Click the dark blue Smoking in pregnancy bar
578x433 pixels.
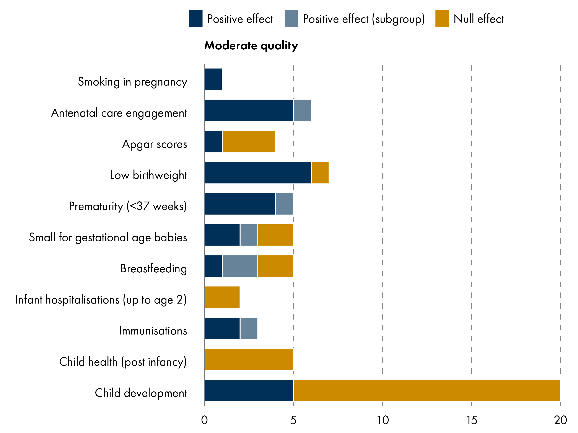[x=213, y=79]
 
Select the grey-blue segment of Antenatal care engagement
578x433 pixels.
[x=302, y=110]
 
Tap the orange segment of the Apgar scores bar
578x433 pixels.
[x=249, y=141]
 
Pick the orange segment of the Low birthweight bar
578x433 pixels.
[x=320, y=173]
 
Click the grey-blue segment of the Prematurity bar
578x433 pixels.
[x=284, y=204]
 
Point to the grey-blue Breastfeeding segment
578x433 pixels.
[x=240, y=266]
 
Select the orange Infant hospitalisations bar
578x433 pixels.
[x=222, y=297]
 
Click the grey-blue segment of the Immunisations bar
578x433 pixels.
[x=249, y=328]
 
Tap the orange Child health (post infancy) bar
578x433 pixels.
[x=249, y=359]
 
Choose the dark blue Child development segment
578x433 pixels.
[x=249, y=390]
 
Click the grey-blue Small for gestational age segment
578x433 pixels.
[x=249, y=235]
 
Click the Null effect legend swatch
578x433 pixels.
[x=442, y=19]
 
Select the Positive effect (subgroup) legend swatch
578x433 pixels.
[x=291, y=19]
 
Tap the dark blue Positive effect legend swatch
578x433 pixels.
[x=196, y=19]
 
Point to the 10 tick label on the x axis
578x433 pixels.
[x=383, y=420]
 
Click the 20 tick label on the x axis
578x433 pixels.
[x=560, y=420]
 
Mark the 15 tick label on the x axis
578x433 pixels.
[x=472, y=420]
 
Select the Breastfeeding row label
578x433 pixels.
[x=153, y=269]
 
